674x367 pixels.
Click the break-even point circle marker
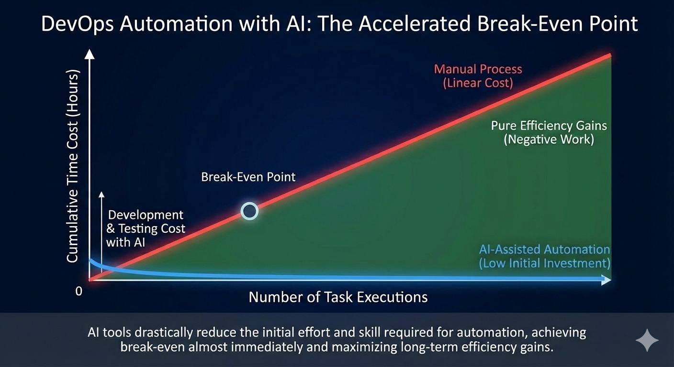point(249,211)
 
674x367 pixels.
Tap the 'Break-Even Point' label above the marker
point(248,177)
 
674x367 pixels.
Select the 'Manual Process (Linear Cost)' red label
point(478,76)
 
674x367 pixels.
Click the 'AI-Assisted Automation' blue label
point(544,249)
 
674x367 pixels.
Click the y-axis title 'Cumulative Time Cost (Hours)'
point(72,168)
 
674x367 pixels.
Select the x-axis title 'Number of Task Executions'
point(338,297)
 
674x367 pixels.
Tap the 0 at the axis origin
point(79,291)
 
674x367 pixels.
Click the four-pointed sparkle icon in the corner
point(647,340)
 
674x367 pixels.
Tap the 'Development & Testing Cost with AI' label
point(145,228)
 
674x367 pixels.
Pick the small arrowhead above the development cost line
point(101,194)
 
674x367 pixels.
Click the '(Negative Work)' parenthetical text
point(549,140)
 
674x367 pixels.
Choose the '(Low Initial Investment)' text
point(545,263)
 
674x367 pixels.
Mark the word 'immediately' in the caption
point(264,347)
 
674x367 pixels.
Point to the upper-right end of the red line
point(609,55)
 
